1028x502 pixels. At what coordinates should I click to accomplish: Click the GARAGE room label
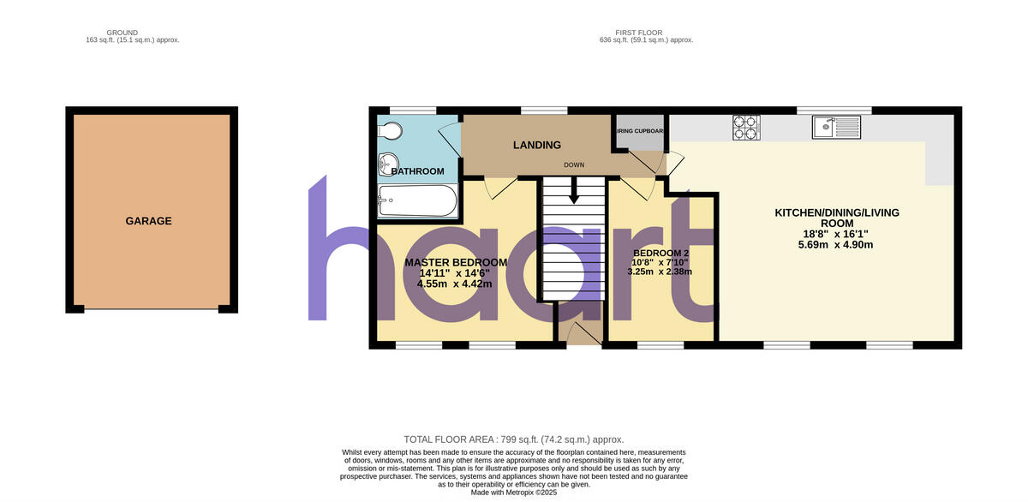point(148,221)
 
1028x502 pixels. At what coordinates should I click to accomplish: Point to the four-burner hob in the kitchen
point(746,128)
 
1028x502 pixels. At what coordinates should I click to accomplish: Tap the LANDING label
point(537,146)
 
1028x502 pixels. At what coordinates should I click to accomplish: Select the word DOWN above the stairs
point(574,164)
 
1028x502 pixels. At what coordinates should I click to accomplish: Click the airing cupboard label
point(640,131)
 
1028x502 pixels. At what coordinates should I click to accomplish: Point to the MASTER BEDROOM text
point(456,262)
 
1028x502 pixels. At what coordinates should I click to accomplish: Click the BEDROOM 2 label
point(660,254)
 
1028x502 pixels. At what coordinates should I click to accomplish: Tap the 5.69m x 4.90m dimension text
point(836,245)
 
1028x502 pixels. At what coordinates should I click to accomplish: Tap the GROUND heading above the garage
point(124,33)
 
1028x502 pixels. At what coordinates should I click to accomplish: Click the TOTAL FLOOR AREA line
point(513,439)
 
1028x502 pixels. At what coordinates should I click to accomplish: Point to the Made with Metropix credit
point(514,493)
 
